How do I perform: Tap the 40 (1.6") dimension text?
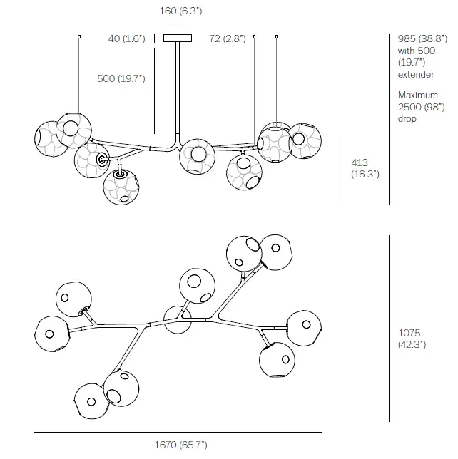pos(126,38)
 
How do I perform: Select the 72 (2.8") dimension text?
pos(227,38)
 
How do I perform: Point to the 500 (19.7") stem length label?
pos(121,78)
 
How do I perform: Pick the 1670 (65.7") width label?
pos(180,445)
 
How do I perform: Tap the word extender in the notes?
pos(415,74)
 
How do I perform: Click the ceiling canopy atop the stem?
pos(178,38)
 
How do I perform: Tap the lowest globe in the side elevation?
pos(120,186)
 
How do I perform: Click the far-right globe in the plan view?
pos(303,327)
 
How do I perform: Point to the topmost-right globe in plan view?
pos(275,252)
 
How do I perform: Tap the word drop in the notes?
pos(407,118)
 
